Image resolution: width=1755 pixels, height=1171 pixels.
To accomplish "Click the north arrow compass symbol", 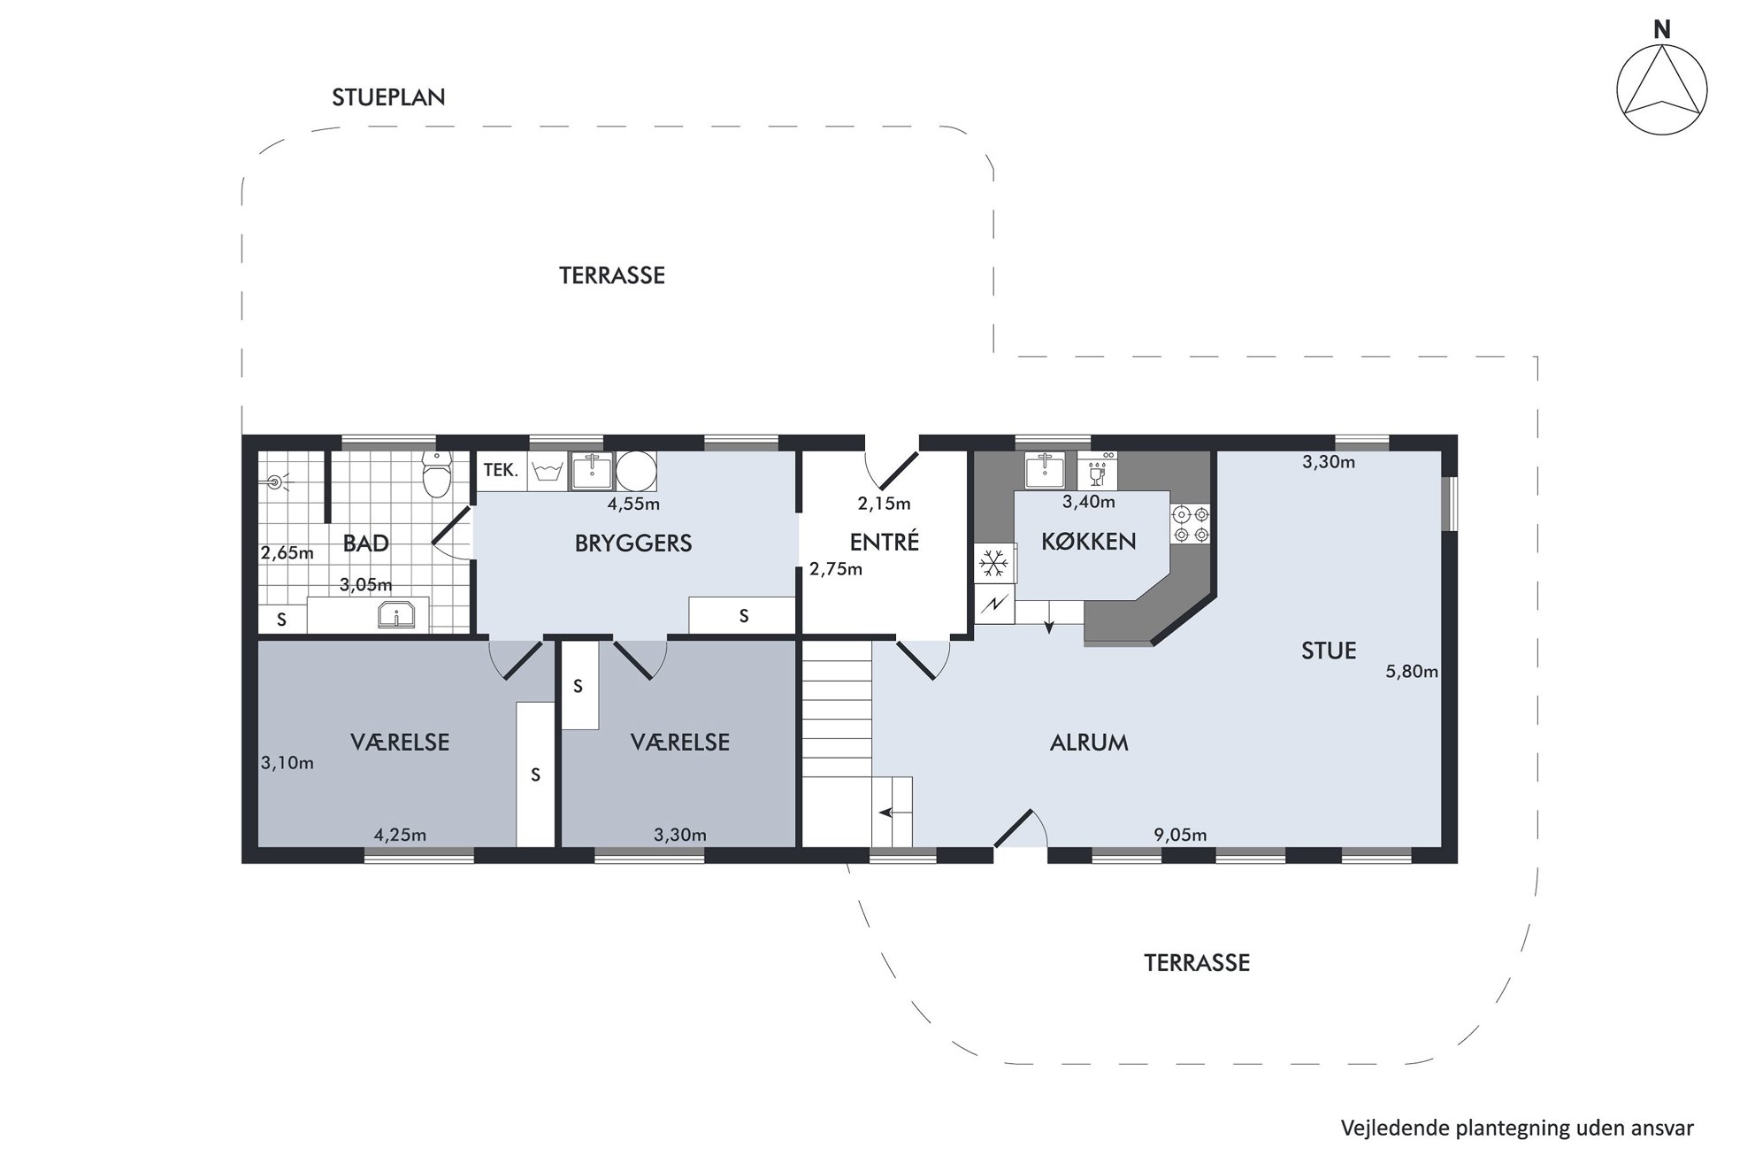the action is pos(1661,89).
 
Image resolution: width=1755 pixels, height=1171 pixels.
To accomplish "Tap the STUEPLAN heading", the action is pos(388,97).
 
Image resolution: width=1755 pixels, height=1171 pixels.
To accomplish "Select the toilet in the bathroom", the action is pos(436,473).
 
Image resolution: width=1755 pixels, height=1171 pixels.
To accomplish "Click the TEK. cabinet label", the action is pos(501,470).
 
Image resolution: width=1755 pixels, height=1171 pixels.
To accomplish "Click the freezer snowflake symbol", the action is pos(995,563).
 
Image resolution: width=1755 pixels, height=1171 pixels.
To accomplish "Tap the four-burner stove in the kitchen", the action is pos(1190,524).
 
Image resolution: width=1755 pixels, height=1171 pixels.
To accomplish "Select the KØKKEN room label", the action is pos(1088,541).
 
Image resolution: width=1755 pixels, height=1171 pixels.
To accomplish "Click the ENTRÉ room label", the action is pos(885,542).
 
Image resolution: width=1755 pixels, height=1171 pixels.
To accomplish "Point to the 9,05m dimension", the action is pos(1180,835).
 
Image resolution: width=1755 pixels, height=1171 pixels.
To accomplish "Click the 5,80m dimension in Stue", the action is pos(1412,672).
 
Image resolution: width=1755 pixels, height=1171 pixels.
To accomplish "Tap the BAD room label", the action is pos(365,543).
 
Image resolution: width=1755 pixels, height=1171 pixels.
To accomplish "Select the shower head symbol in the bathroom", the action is pos(275,482).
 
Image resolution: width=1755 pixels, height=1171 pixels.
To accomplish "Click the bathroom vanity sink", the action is pos(397,614).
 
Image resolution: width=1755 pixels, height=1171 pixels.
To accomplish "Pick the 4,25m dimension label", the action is pos(400,835).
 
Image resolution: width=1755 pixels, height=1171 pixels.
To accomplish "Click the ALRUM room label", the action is pos(1089,743).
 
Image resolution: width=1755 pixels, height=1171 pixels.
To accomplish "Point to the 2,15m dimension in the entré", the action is pos(884,504).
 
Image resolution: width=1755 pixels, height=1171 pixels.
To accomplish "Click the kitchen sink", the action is pos(1046,471).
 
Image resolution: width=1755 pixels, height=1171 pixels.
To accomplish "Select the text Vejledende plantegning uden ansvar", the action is pos(1517,1129).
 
